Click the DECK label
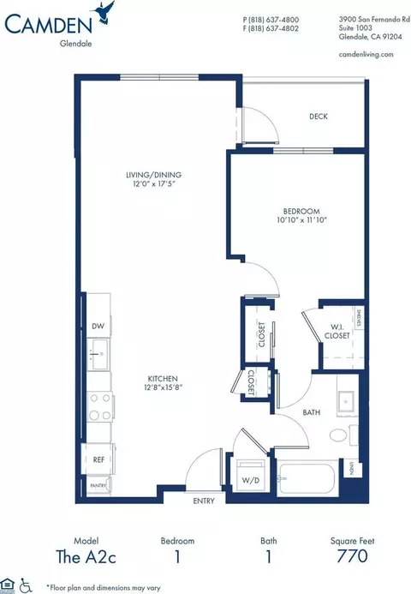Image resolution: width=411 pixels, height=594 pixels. pos(319,117)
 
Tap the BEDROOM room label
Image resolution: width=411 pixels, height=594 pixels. pos(301,211)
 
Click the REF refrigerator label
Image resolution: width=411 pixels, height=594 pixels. pos(98,460)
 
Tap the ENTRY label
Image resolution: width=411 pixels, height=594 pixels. pos(204,501)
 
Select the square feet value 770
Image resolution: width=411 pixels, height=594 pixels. pos(351,557)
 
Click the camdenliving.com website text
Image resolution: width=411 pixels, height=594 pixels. pos(366,54)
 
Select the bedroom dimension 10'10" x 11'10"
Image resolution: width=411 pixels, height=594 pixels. pos(301,221)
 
